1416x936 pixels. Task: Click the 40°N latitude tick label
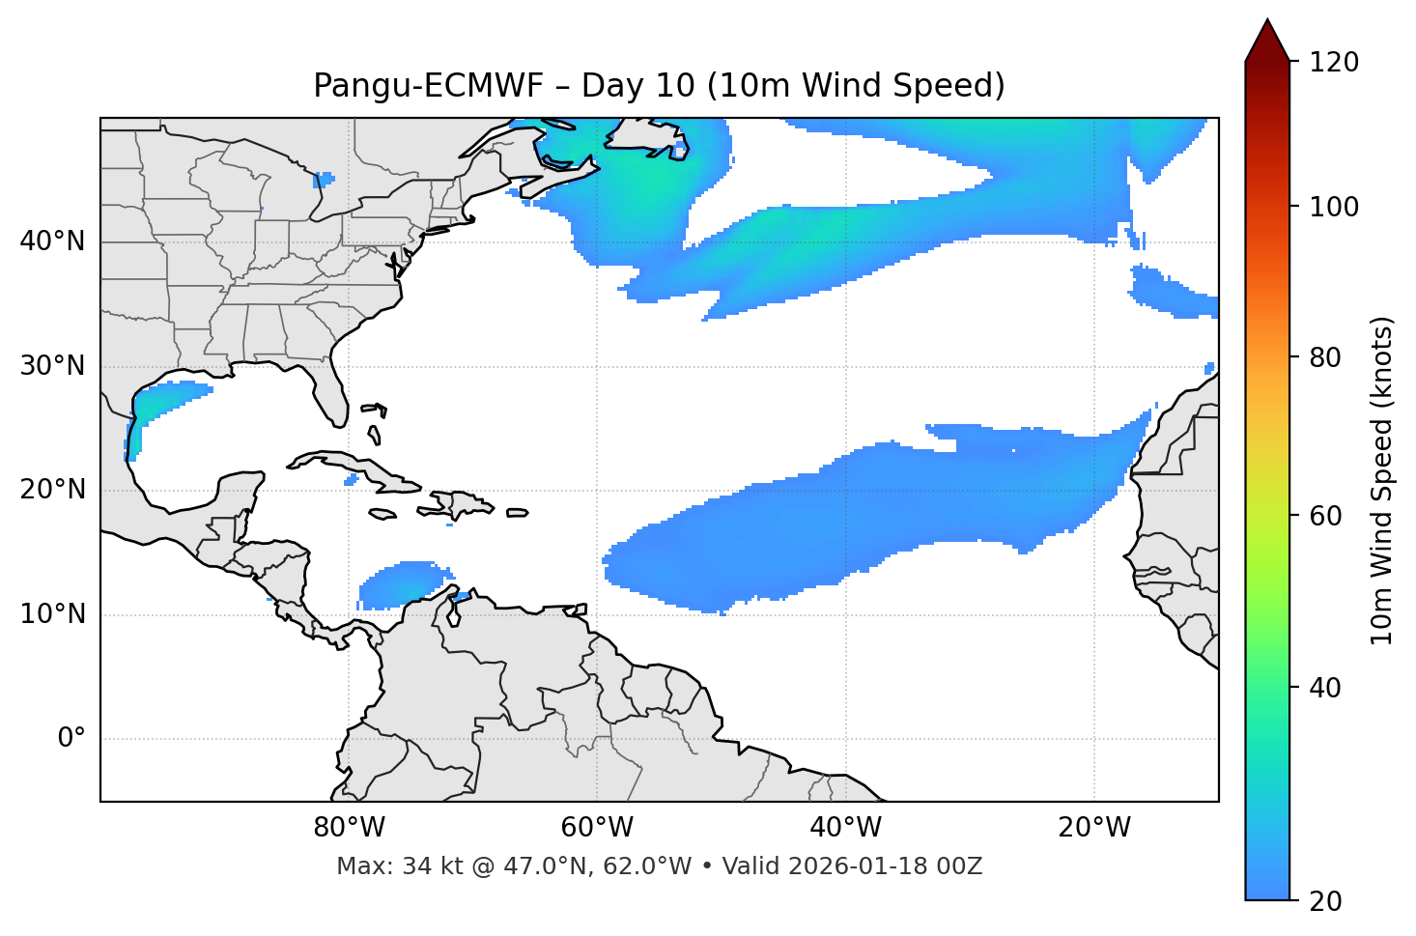click(x=52, y=241)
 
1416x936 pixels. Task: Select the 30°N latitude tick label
click(x=52, y=366)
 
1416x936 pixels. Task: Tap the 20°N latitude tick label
click(x=52, y=490)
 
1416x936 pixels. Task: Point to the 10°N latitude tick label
click(x=52, y=614)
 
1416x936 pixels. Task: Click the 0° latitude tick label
click(x=71, y=739)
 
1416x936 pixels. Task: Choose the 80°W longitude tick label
click(x=349, y=828)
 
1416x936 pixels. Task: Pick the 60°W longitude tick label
click(x=597, y=828)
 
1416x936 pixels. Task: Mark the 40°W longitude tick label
click(x=845, y=828)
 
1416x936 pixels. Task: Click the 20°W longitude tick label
click(x=1093, y=828)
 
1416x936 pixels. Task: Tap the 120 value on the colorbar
click(x=1334, y=62)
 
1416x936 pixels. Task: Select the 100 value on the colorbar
click(x=1334, y=207)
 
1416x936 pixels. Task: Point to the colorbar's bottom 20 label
click(x=1326, y=901)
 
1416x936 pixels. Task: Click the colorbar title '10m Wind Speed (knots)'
click(x=1382, y=481)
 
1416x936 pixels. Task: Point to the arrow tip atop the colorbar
click(x=1267, y=21)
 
